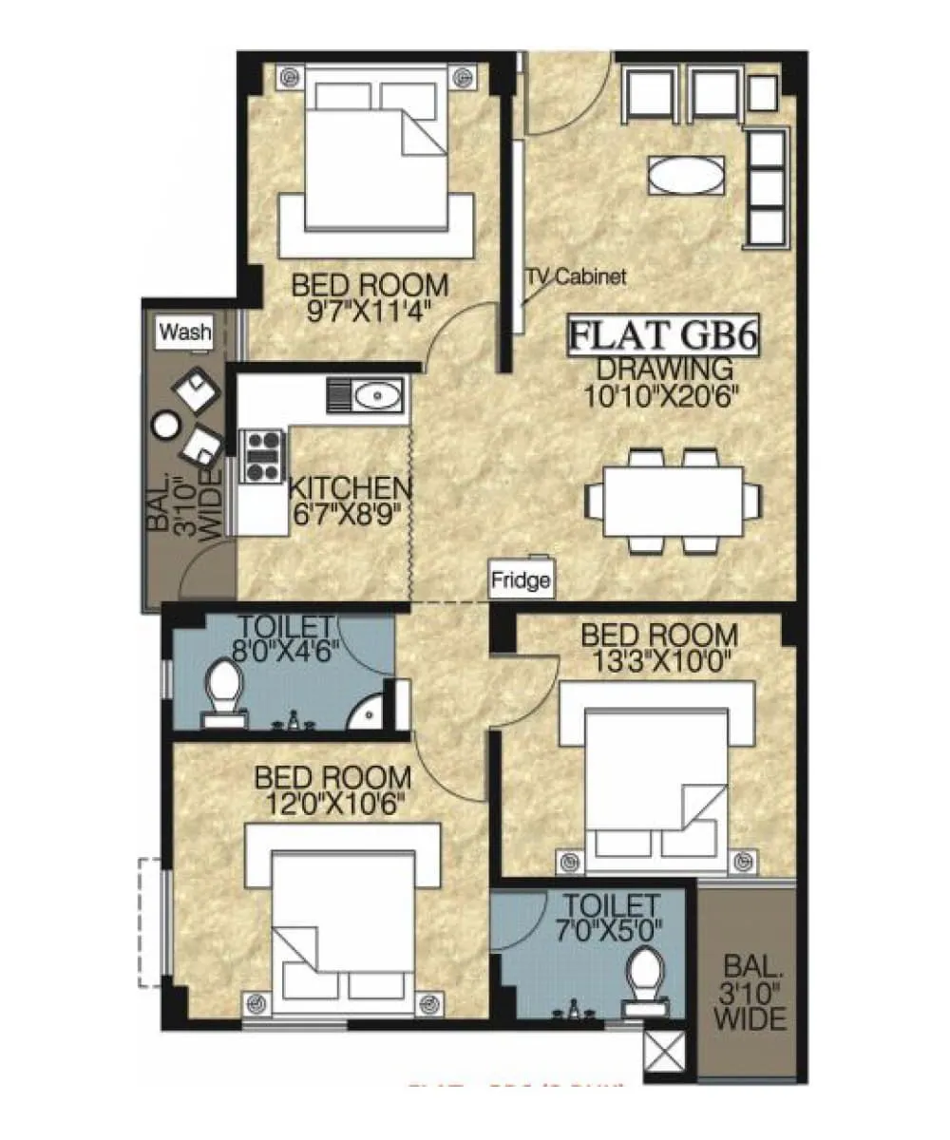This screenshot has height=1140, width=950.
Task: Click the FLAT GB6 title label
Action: click(666, 337)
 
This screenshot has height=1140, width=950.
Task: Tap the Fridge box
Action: click(521, 580)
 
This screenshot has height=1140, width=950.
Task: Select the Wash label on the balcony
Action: click(185, 332)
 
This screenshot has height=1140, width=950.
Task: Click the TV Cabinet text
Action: click(578, 277)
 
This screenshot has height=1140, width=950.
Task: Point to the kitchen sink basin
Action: click(378, 393)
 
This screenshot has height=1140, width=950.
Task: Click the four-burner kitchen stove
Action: click(264, 454)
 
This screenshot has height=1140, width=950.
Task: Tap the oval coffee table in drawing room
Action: click(683, 175)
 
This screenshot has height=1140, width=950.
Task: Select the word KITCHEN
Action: click(351, 489)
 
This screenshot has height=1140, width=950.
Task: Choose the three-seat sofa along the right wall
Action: click(768, 186)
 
